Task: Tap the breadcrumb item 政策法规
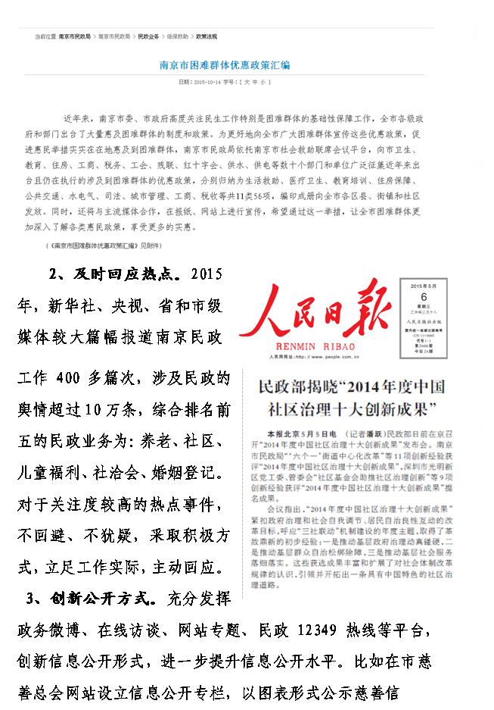(x=207, y=36)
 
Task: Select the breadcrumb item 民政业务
(x=148, y=36)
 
